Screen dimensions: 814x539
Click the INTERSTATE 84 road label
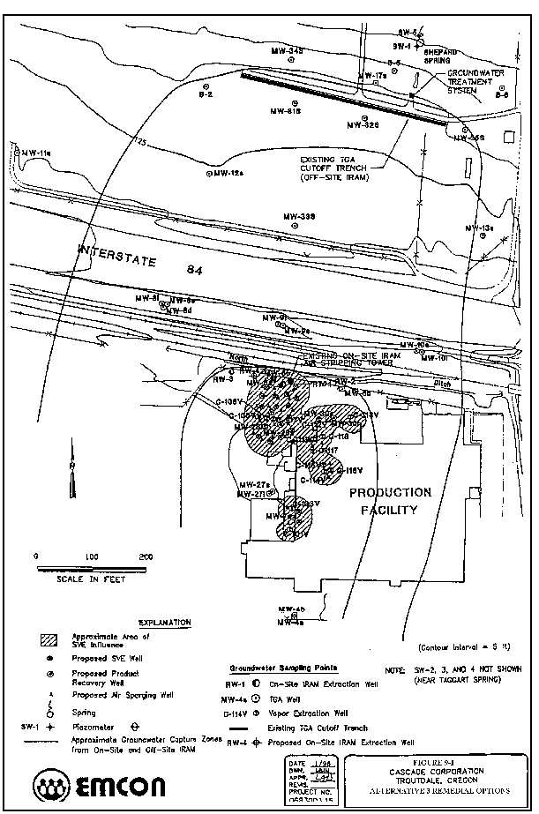click(x=141, y=258)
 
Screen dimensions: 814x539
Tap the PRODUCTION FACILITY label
click(x=390, y=500)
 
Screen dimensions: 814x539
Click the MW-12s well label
click(x=227, y=173)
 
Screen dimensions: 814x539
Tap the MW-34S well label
click(x=288, y=52)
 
